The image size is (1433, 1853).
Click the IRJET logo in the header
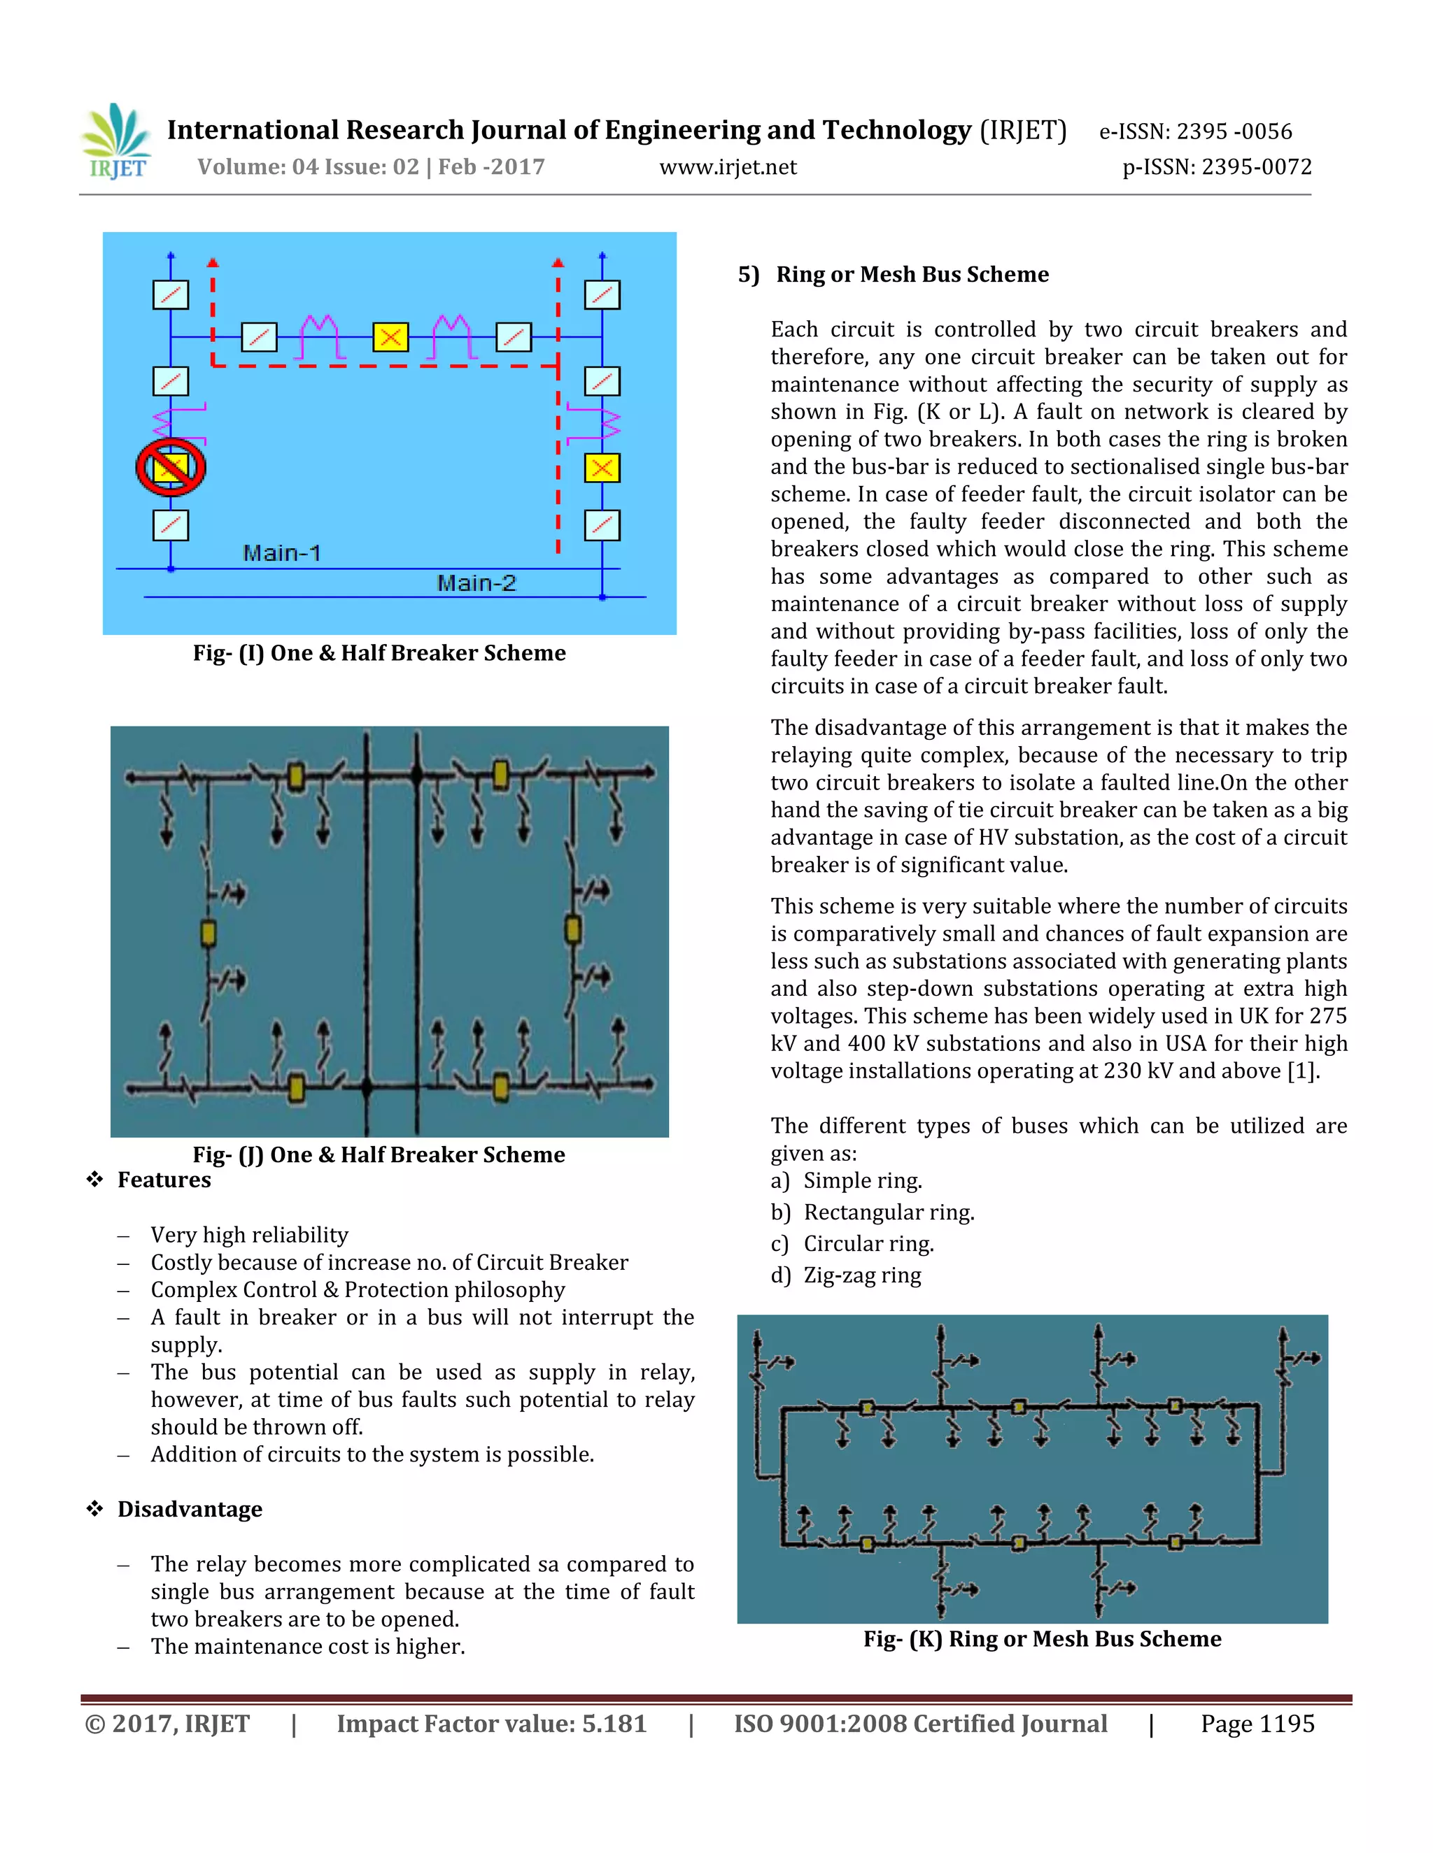pos(117,143)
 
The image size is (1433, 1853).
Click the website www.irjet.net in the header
pos(728,167)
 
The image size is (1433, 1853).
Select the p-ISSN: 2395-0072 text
pos(1217,167)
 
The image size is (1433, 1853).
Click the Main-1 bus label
pos(282,553)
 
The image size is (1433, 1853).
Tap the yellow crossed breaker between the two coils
pos(390,337)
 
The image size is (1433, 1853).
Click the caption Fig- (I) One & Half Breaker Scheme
pos(379,652)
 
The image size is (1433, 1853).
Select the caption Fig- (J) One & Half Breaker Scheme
pos(379,1154)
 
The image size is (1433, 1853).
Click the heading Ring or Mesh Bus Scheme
pos(912,274)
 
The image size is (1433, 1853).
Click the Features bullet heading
pos(164,1180)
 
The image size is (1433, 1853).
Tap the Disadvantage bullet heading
pos(190,1508)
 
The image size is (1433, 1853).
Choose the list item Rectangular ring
pos(888,1212)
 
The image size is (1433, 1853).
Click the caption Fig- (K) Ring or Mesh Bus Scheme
pos(1042,1638)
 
